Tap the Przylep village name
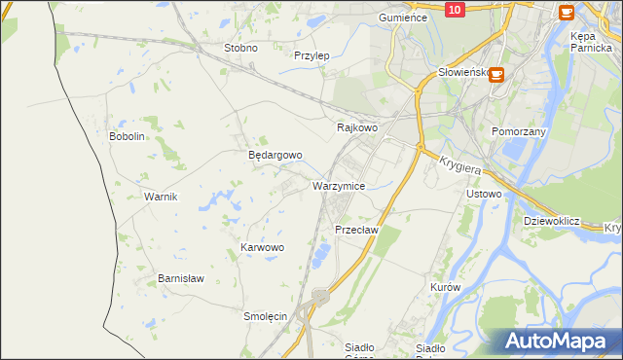tap(311, 55)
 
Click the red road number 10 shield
tap(454, 9)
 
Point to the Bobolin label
tap(127, 136)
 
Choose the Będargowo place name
tap(275, 155)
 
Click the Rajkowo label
tap(356, 127)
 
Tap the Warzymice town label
tap(339, 185)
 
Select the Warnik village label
tap(161, 197)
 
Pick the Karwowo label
tap(262, 248)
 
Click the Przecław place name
tap(355, 230)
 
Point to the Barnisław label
tap(181, 278)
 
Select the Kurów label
tap(444, 288)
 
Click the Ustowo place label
tap(484, 194)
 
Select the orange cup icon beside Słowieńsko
tap(496, 73)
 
